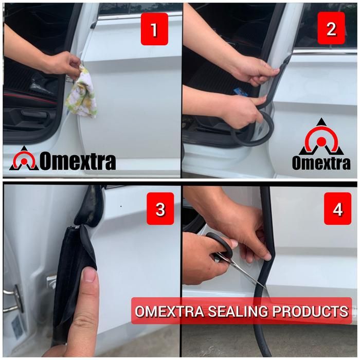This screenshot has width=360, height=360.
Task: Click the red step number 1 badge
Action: pos(154,29)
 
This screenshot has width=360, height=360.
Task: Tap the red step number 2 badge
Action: pos(331,28)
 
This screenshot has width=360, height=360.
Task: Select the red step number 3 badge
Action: pos(160,208)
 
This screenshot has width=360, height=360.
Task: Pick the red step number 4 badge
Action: pos(337,208)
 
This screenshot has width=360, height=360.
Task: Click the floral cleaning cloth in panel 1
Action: pos(81,92)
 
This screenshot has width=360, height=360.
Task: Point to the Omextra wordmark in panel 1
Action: pos(78,161)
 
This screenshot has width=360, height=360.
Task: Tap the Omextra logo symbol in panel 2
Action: pos(321,137)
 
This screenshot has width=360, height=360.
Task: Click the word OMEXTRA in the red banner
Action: pos(169,311)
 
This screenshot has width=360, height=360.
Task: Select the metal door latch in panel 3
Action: pos(14,298)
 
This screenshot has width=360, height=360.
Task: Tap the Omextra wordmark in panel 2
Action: pos(321,163)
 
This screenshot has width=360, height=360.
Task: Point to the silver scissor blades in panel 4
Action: pos(243,271)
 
